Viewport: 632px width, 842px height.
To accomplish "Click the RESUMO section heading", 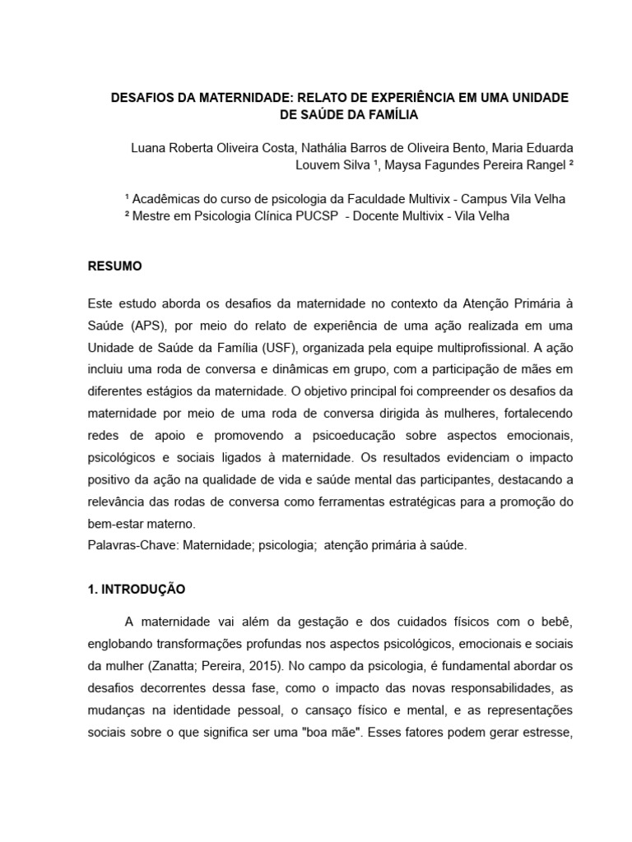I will point(114,266).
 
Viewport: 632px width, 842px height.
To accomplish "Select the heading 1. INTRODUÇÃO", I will point(137,590).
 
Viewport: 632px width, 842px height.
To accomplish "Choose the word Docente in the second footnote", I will point(380,216).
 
